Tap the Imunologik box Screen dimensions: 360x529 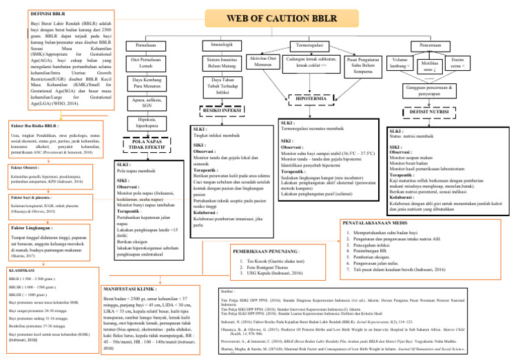217,45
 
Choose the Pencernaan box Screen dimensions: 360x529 441,45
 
